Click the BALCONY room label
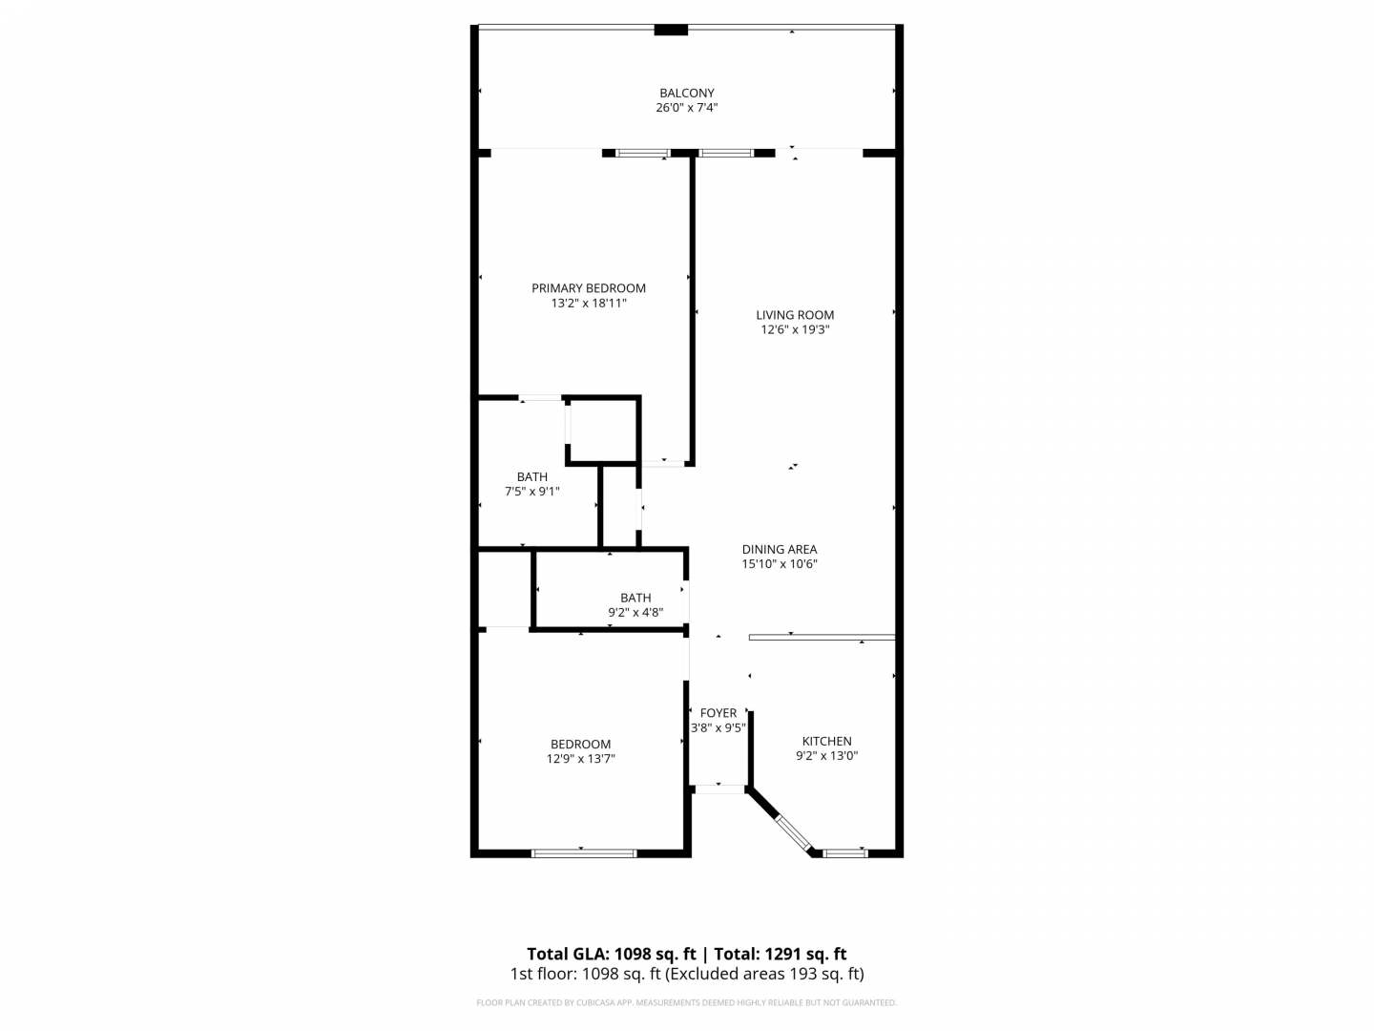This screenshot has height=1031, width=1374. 687,93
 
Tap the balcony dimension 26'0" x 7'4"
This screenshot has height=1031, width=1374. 687,108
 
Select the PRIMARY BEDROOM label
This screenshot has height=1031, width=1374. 589,288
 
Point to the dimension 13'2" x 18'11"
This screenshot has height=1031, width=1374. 589,303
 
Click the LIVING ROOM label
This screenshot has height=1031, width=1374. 795,315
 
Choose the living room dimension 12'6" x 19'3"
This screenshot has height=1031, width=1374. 795,330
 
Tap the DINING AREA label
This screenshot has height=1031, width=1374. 780,549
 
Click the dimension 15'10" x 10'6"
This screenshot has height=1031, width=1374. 780,563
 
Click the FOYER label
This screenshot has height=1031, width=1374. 718,713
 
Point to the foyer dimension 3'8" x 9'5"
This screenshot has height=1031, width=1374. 718,727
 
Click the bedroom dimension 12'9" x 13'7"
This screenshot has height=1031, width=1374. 580,759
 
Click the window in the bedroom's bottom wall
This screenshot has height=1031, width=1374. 584,853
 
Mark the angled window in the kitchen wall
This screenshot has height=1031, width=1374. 793,833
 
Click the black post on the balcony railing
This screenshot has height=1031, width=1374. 671,30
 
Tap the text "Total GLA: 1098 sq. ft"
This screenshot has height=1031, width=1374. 611,954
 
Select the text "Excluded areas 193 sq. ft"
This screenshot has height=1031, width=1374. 765,974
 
